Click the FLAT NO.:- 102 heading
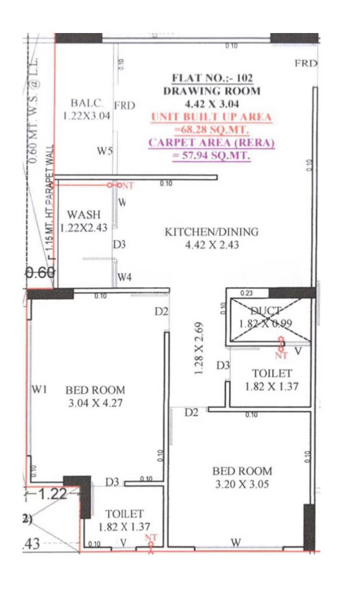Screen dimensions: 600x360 212,78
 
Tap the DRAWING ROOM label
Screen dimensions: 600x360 212,91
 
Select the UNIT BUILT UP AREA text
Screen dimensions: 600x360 212,117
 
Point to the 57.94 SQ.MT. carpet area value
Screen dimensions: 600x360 212,156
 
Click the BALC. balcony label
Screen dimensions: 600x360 87,103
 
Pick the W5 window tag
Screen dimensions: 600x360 105,151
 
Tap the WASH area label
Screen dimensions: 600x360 83,215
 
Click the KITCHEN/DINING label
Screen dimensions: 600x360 211,232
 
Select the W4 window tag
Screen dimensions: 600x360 124,277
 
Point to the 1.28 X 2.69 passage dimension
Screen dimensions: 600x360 199,349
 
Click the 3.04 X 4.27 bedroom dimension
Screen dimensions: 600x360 96,403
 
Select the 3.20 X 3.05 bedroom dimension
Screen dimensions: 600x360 242,484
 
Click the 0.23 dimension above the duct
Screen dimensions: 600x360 246,293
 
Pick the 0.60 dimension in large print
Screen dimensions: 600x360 40,273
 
